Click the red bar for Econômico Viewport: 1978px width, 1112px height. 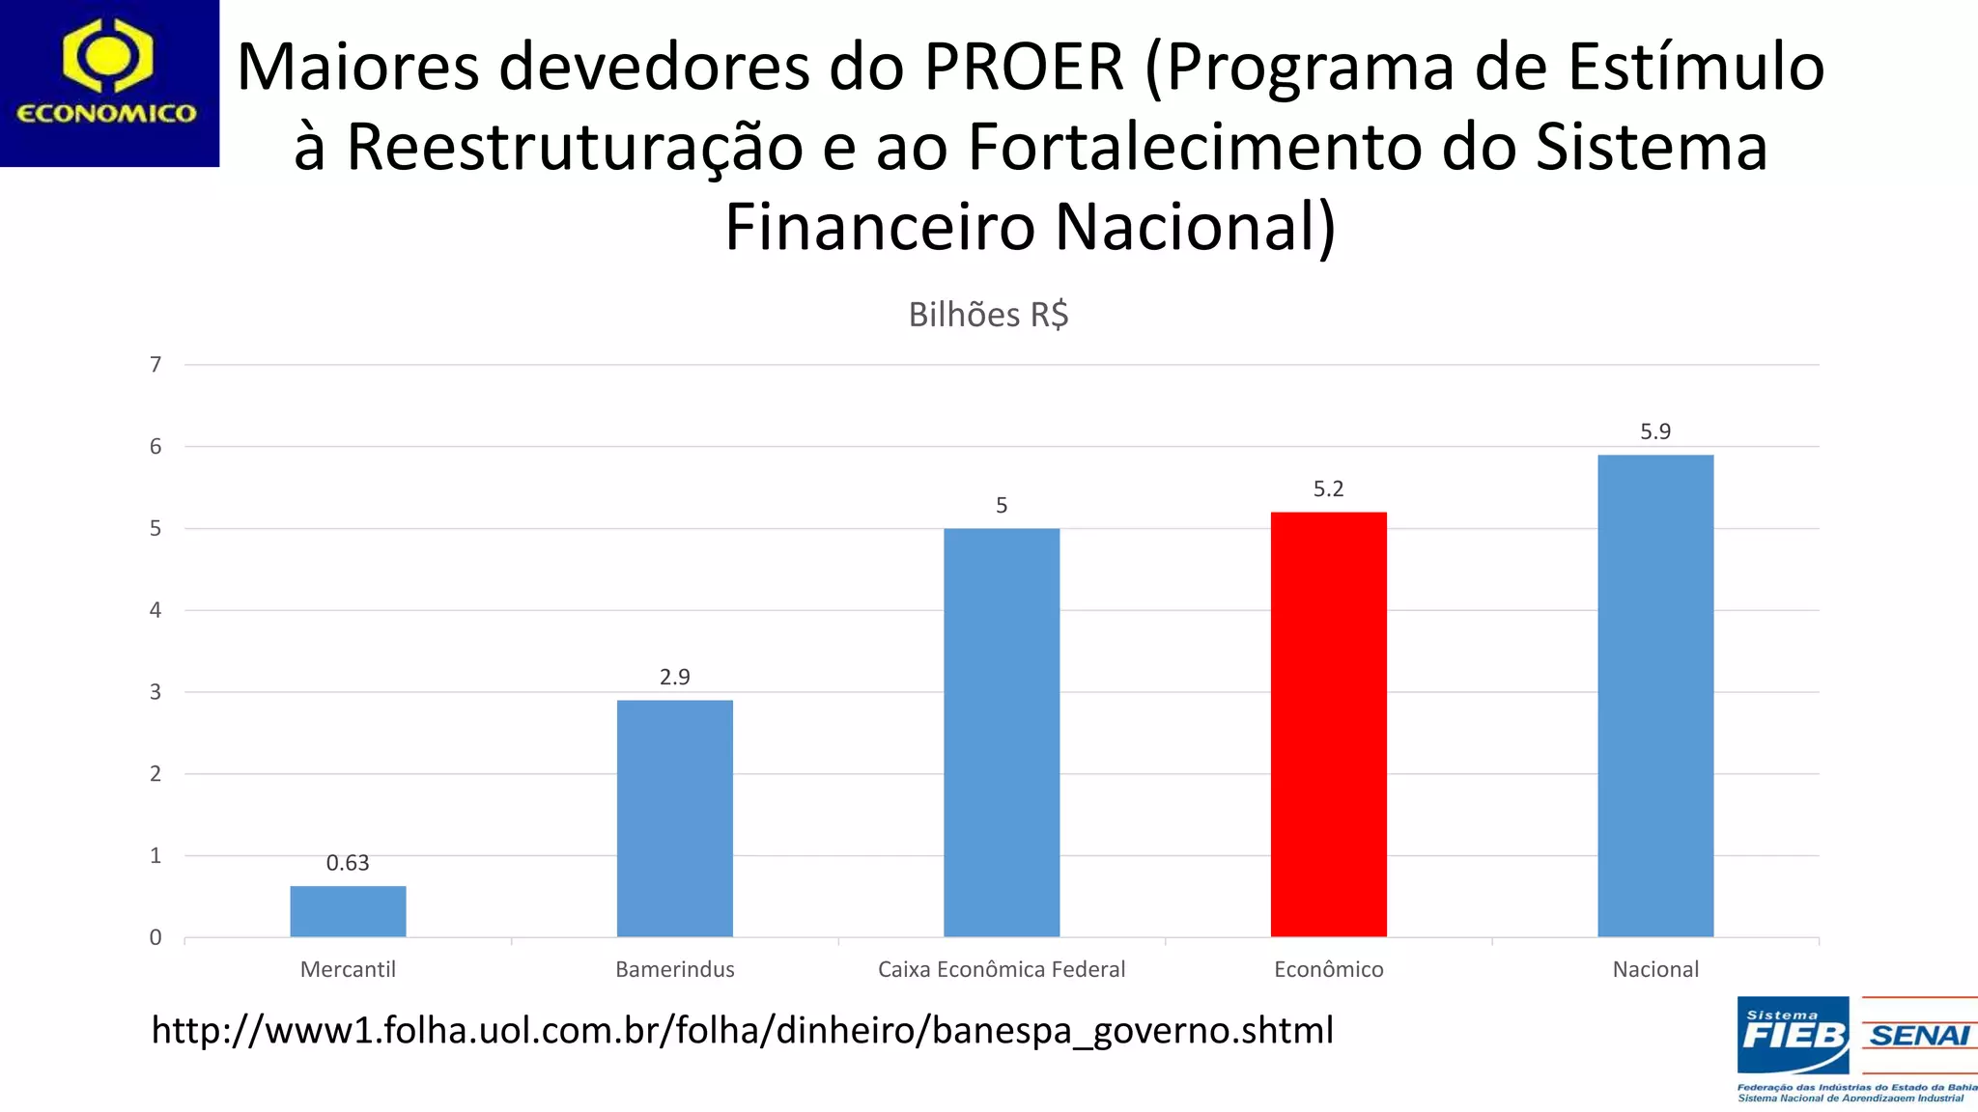(1328, 724)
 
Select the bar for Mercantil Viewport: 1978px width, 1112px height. (348, 911)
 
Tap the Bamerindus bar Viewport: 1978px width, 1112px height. (674, 818)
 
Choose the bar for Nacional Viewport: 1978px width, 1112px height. (1655, 695)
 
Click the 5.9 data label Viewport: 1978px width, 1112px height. (1655, 431)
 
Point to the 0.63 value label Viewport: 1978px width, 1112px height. (348, 863)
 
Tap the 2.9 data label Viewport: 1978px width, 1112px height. (674, 677)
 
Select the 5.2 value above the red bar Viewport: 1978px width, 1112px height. (1328, 489)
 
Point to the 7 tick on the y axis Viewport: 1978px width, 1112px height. (155, 365)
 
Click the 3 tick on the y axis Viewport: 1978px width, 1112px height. (155, 692)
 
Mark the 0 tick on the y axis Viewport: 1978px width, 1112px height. (155, 937)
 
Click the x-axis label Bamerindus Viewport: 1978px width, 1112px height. (674, 969)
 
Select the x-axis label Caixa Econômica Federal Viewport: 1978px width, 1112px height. (1002, 969)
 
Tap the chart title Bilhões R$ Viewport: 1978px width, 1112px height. (988, 315)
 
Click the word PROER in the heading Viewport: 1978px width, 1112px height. (1024, 68)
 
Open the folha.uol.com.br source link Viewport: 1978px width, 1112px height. (742, 1031)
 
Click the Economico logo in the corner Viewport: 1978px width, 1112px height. (108, 83)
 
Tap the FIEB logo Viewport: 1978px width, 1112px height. (1793, 1036)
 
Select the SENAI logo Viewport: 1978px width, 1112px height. (1919, 1036)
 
